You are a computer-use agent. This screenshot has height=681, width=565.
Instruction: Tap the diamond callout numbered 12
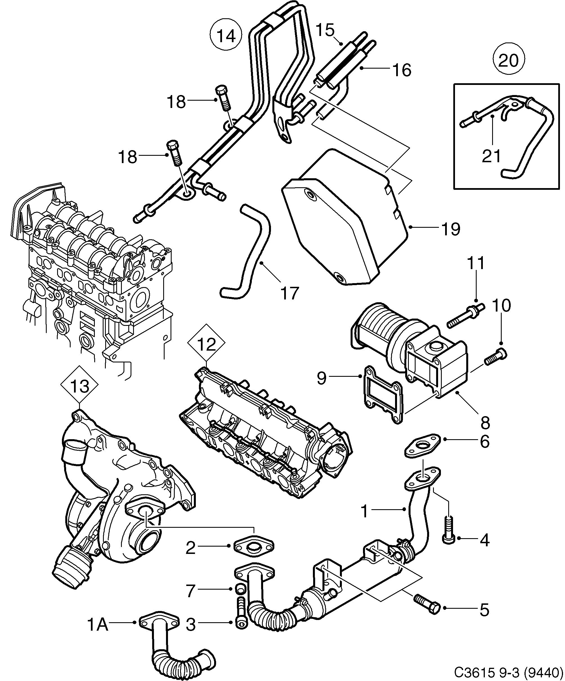(207, 344)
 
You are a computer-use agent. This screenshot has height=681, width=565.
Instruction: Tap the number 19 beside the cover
(451, 229)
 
